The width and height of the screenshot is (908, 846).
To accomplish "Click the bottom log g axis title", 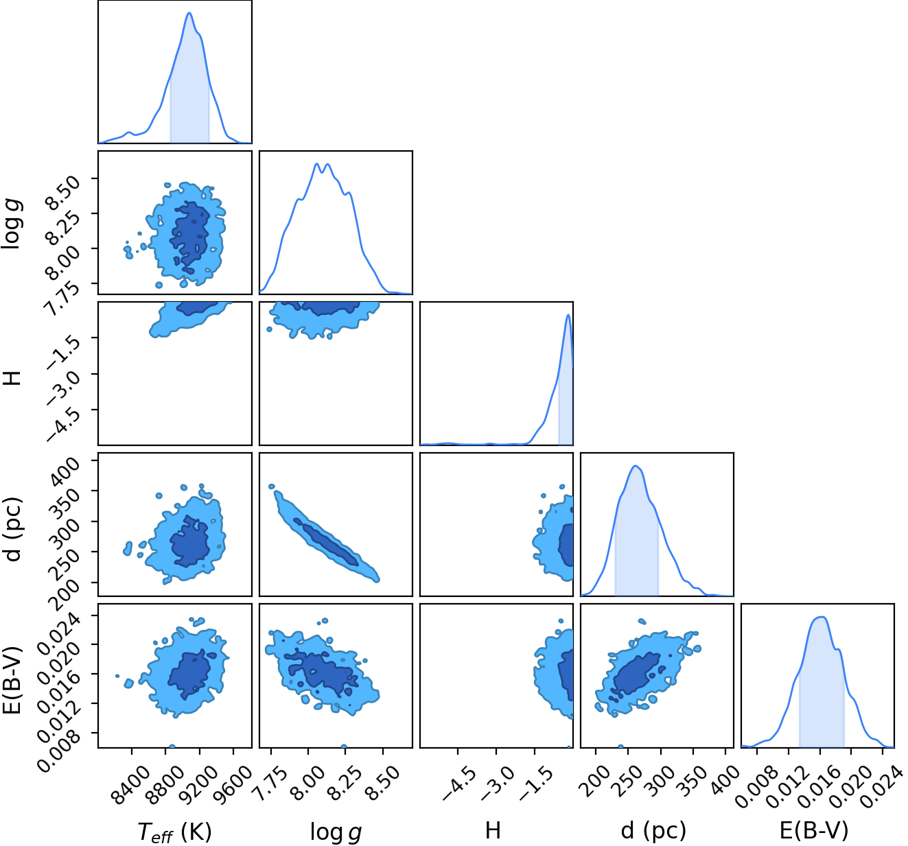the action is point(336,831).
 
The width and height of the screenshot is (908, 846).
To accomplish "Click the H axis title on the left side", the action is point(12,378).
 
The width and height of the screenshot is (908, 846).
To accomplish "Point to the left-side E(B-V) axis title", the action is point(12,680).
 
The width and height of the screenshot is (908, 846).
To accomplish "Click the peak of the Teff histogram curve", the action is point(189,12).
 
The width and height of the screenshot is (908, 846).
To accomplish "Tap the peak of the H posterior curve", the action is point(568,315).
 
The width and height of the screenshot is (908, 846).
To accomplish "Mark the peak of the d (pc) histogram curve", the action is point(636,466).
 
